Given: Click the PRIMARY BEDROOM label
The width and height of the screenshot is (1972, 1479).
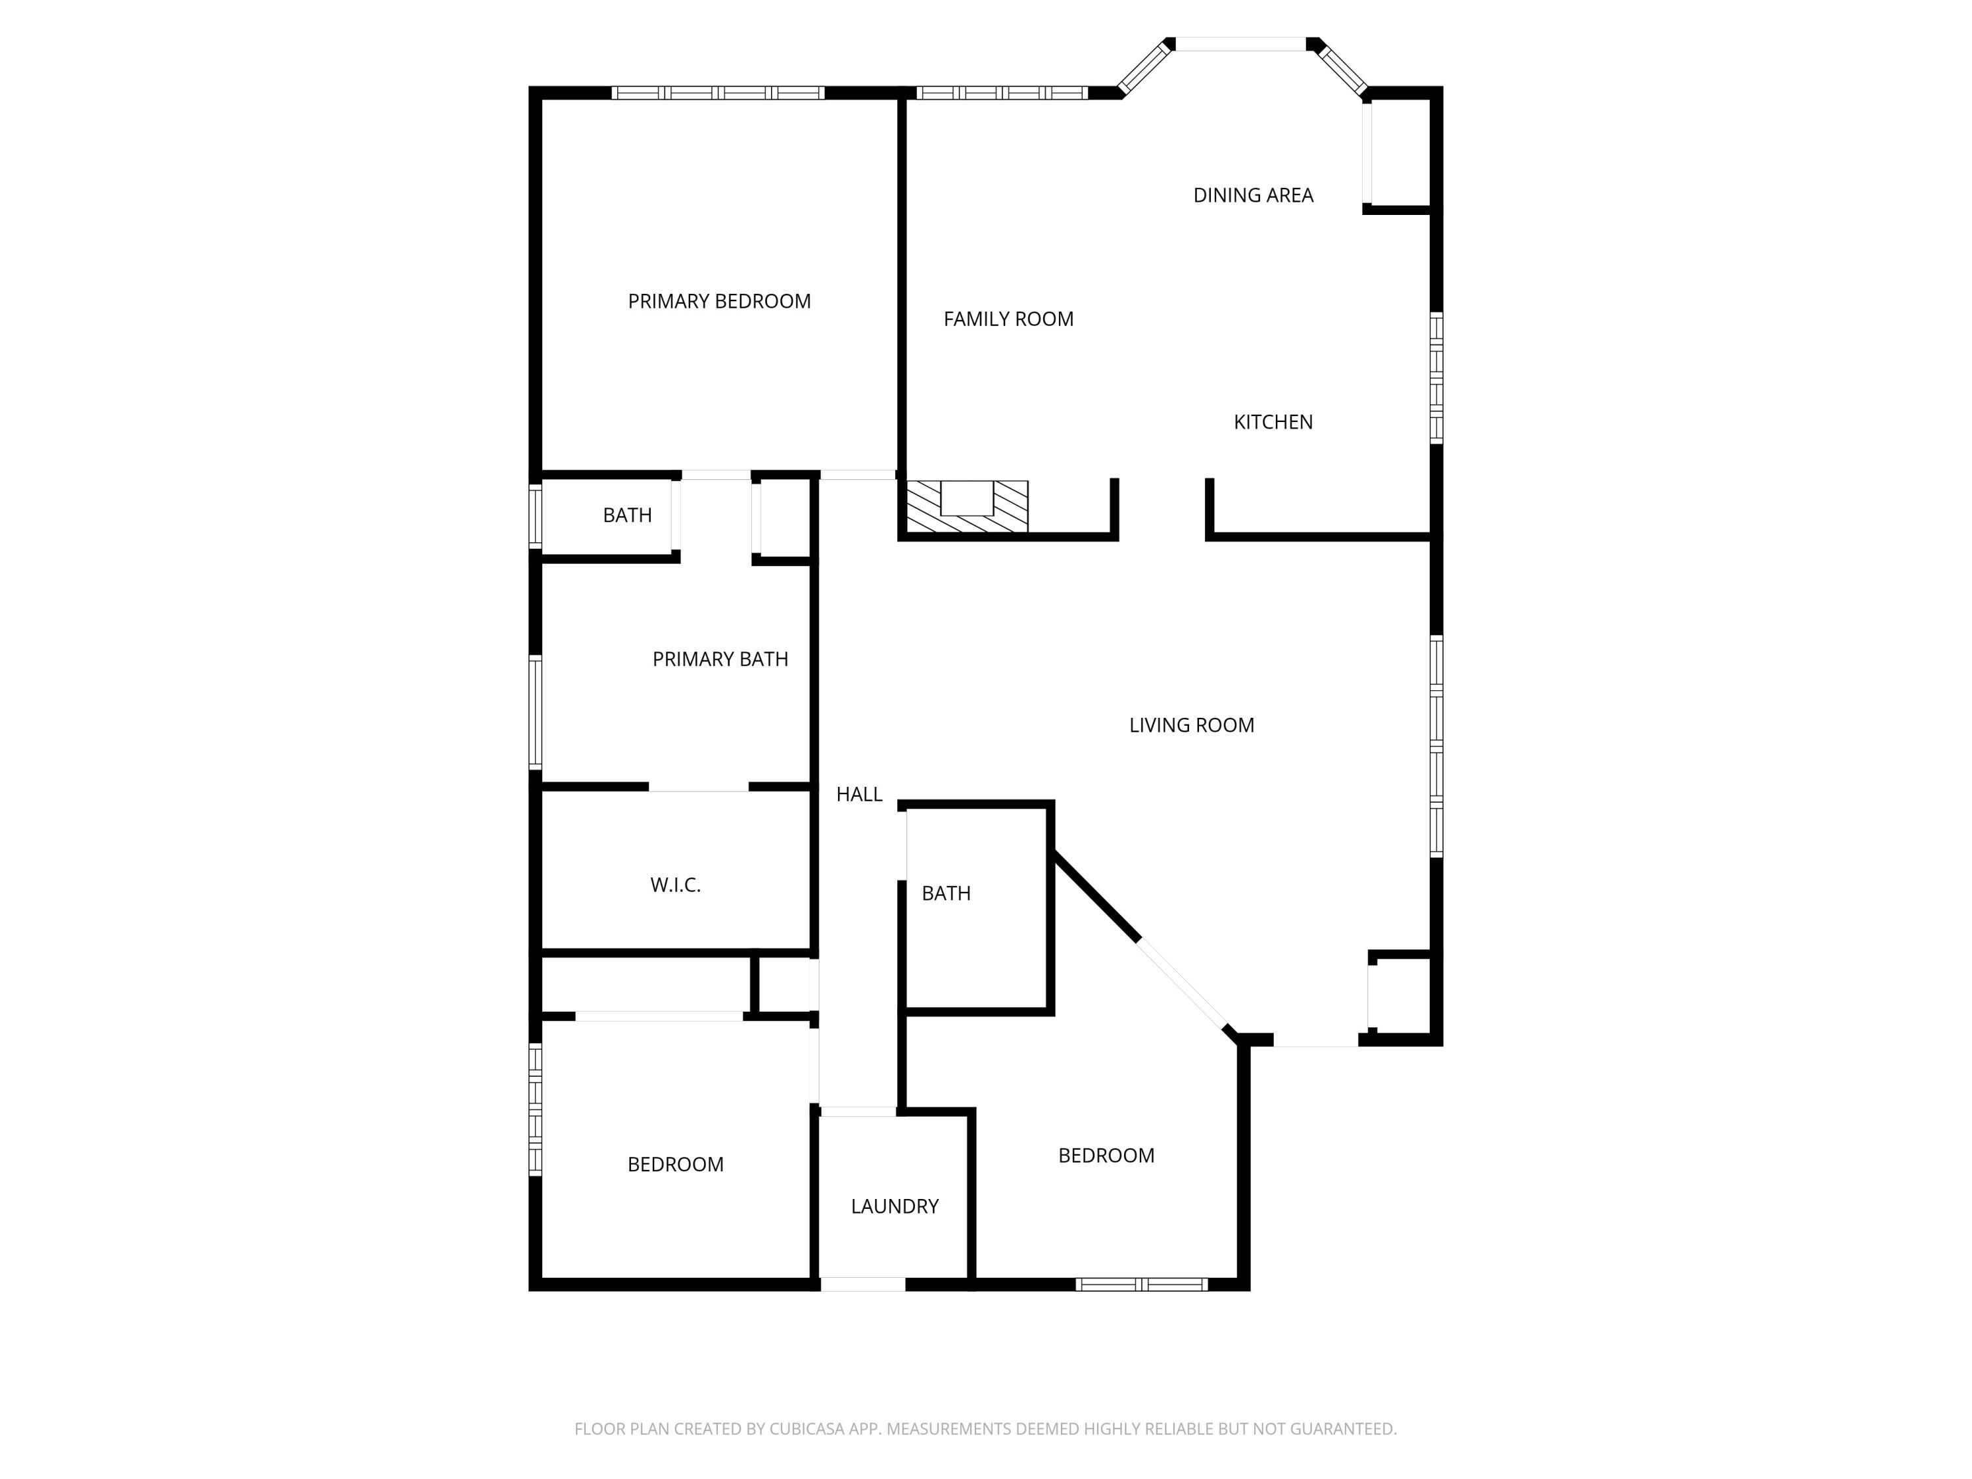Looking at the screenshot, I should click(x=718, y=301).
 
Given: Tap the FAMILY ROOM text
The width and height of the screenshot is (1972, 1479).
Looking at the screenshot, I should click(x=1008, y=319).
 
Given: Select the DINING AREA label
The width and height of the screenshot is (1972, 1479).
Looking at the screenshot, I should click(x=1253, y=195).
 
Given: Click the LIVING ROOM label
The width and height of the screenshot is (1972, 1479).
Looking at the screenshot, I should click(x=1191, y=726).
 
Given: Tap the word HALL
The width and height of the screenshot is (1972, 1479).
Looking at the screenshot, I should click(x=858, y=794).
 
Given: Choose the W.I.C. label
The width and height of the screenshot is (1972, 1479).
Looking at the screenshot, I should click(x=675, y=885).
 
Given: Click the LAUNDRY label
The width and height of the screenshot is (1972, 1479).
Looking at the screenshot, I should click(x=894, y=1206).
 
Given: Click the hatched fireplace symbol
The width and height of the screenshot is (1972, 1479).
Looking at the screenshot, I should click(x=968, y=506).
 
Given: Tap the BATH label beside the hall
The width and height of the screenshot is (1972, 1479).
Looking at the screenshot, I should click(x=946, y=893).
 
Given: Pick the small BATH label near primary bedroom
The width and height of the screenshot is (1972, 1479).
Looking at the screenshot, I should click(x=626, y=515).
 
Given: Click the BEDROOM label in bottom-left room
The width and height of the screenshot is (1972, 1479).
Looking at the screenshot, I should click(x=675, y=1164).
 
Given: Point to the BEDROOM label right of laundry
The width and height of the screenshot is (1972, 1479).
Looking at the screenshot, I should click(x=1106, y=1156).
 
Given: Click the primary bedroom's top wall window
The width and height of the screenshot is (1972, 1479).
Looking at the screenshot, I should click(x=718, y=93).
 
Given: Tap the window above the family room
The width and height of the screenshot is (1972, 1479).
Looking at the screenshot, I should click(x=1001, y=93).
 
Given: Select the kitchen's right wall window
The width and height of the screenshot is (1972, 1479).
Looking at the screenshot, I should click(x=1436, y=378).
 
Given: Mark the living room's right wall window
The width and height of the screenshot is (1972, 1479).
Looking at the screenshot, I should click(x=1436, y=746).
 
